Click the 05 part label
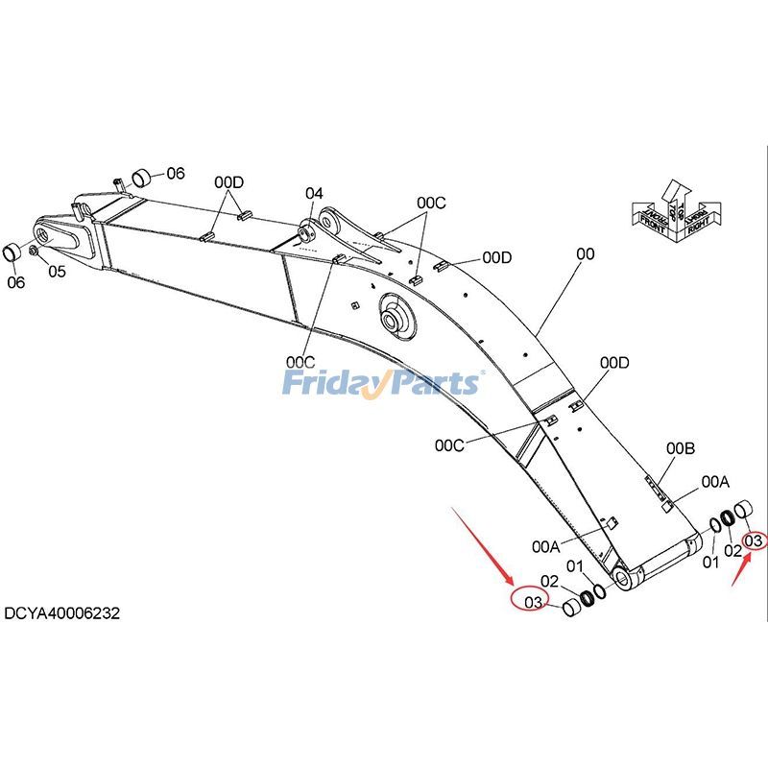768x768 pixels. coord(57,272)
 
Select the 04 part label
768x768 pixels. coord(315,194)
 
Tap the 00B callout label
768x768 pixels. coord(681,449)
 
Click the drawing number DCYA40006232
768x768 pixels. coord(62,612)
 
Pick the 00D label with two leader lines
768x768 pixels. coord(228,182)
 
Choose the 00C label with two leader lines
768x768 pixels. coord(431,203)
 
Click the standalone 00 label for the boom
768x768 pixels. coord(586,254)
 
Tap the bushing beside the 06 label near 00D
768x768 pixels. coord(142,176)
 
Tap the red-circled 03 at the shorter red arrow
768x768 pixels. coord(756,542)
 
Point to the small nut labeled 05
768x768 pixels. coord(35,251)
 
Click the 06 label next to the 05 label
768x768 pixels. coord(15,282)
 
